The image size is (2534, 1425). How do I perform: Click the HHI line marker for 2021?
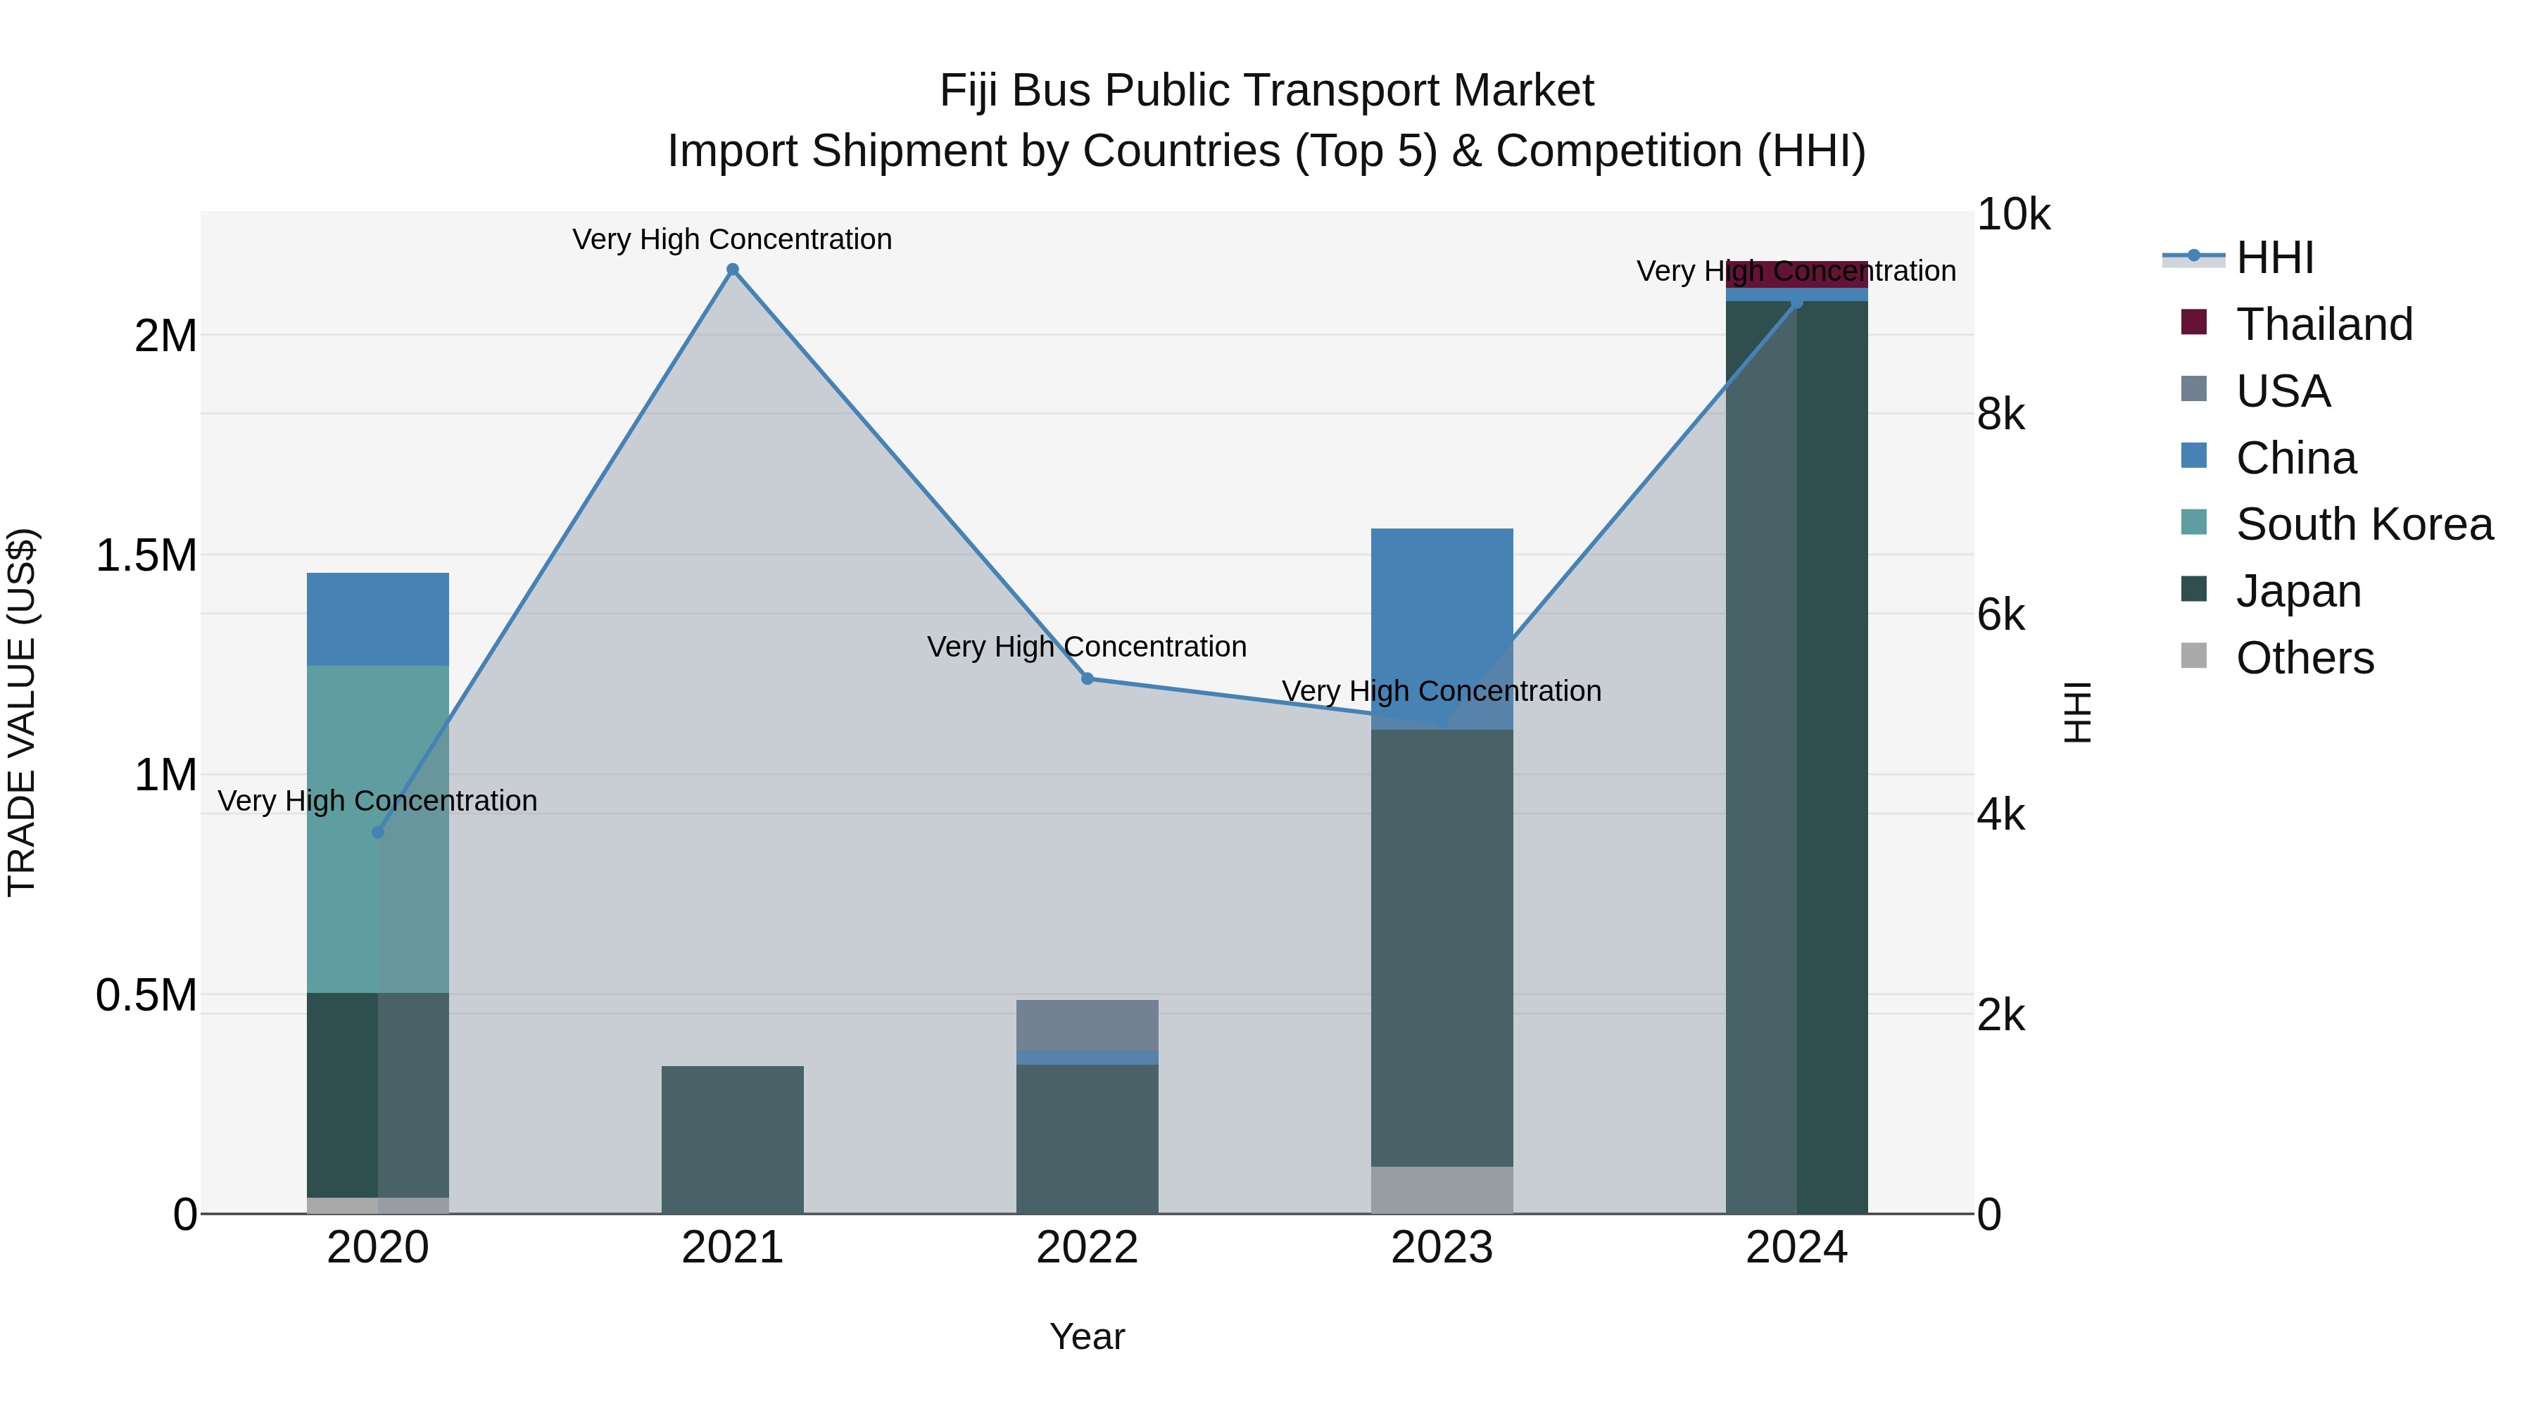732,270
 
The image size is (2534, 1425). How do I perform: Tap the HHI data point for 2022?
1087,678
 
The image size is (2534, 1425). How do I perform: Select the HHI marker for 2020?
378,832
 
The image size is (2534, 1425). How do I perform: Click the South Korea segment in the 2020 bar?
378,828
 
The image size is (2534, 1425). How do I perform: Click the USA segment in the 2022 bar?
1087,1025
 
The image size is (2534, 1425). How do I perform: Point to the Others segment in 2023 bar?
1442,1190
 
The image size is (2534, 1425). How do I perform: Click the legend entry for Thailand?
2324,324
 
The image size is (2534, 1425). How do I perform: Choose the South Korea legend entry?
2364,524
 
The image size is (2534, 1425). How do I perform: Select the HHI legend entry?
2274,258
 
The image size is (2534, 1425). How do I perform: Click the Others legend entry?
2304,658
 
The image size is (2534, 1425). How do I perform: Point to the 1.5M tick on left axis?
146,556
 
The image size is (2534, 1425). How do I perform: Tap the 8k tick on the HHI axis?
2000,415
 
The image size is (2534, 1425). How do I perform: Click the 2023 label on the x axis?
1442,1248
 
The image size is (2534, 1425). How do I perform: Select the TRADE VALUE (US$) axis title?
22,712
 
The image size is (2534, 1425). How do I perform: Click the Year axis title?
1087,1336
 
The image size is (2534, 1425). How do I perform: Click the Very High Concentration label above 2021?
732,239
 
